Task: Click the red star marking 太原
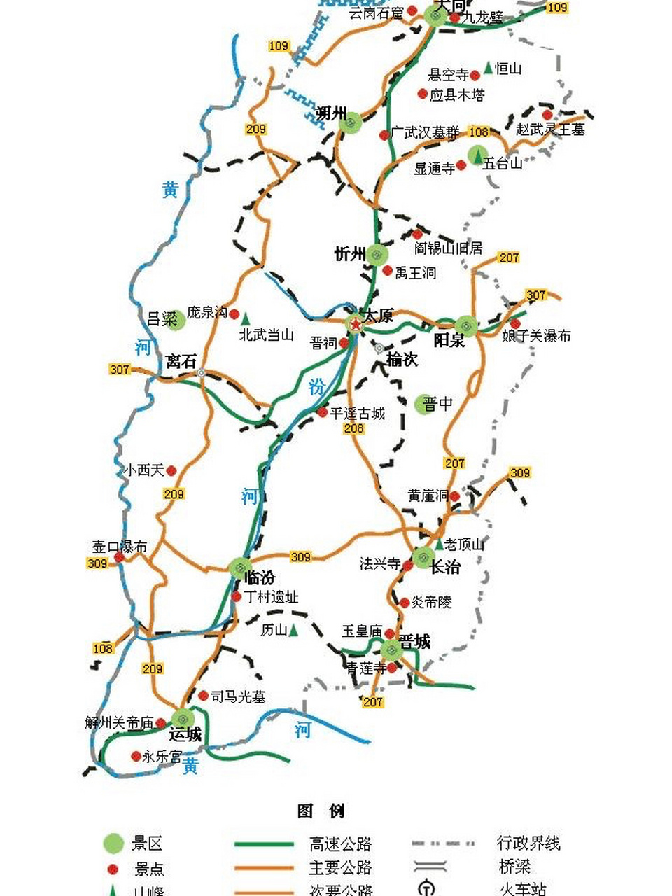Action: [x=356, y=324]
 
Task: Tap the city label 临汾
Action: [x=260, y=579]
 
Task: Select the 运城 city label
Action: [x=185, y=734]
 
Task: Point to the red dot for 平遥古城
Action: [x=322, y=413]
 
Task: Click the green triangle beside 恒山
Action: [x=488, y=68]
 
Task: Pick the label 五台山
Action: [x=503, y=163]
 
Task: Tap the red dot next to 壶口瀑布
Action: [x=119, y=558]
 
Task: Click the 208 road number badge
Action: [x=354, y=428]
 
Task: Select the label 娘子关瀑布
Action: [x=536, y=336]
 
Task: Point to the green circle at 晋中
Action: [x=425, y=404]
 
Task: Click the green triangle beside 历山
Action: [x=294, y=631]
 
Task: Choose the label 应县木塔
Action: [x=456, y=94]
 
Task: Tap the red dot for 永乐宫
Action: [x=136, y=756]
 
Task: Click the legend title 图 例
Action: [x=321, y=811]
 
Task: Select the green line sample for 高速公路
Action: [x=264, y=844]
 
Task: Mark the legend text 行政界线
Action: [x=528, y=843]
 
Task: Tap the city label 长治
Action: [x=445, y=567]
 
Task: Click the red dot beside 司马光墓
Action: [x=203, y=696]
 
